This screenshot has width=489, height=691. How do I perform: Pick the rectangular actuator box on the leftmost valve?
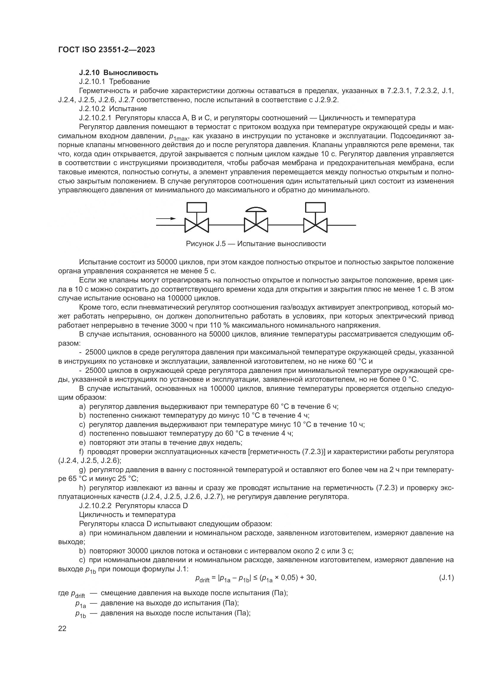(x=197, y=207)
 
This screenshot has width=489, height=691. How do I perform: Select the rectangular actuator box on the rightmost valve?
(x=315, y=207)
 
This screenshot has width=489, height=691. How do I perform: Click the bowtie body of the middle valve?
(x=256, y=225)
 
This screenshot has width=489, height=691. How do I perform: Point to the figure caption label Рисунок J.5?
(x=206, y=243)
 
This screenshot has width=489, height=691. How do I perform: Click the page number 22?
(x=62, y=628)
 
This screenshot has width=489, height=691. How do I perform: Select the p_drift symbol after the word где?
(x=78, y=594)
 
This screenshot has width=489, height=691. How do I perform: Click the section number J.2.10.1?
(x=92, y=82)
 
